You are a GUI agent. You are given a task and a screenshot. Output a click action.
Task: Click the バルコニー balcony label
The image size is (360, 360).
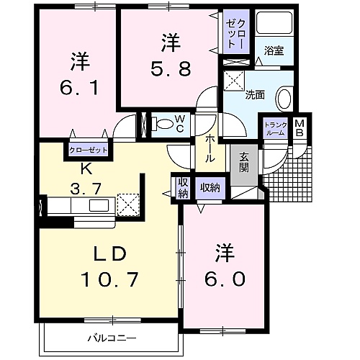pyautogui.click(x=112, y=338)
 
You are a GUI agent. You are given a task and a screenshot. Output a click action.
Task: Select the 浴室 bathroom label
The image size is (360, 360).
pyautogui.click(x=274, y=50)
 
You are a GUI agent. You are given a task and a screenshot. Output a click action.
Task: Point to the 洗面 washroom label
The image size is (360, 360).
pyautogui.click(x=255, y=95)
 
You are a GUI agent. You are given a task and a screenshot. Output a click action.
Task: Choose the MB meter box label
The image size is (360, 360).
pyautogui.click(x=300, y=128)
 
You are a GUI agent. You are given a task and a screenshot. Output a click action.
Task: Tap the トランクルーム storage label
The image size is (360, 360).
pyautogui.click(x=276, y=129)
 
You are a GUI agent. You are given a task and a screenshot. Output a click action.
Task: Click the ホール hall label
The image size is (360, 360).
pyautogui.click(x=210, y=148)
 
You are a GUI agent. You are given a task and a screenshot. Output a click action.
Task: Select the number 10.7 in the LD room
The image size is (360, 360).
pyautogui.click(x=110, y=279)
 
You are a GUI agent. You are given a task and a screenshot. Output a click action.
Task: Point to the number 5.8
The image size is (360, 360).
pyautogui.click(x=171, y=68)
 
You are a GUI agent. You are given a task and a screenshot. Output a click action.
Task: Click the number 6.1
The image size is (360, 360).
pyautogui.click(x=79, y=88)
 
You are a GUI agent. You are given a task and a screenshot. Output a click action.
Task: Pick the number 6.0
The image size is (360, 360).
pyautogui.click(x=225, y=279)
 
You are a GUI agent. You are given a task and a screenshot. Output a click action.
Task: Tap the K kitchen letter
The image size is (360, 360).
pyautogui.click(x=86, y=170)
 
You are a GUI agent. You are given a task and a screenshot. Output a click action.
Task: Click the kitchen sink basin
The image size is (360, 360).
pyautogui.click(x=99, y=205)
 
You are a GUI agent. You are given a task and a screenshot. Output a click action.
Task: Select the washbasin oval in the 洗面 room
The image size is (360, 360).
pyautogui.click(x=284, y=99)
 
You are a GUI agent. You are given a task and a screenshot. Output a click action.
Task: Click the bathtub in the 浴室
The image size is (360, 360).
pyautogui.click(x=274, y=23)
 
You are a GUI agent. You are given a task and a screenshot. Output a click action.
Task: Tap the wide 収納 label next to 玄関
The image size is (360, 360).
pyautogui.click(x=210, y=188)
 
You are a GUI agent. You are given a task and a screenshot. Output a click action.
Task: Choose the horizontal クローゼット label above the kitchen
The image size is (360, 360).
pyautogui.click(x=88, y=150)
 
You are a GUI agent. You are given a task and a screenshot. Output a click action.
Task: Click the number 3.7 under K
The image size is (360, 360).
pyautogui.click(x=86, y=189)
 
